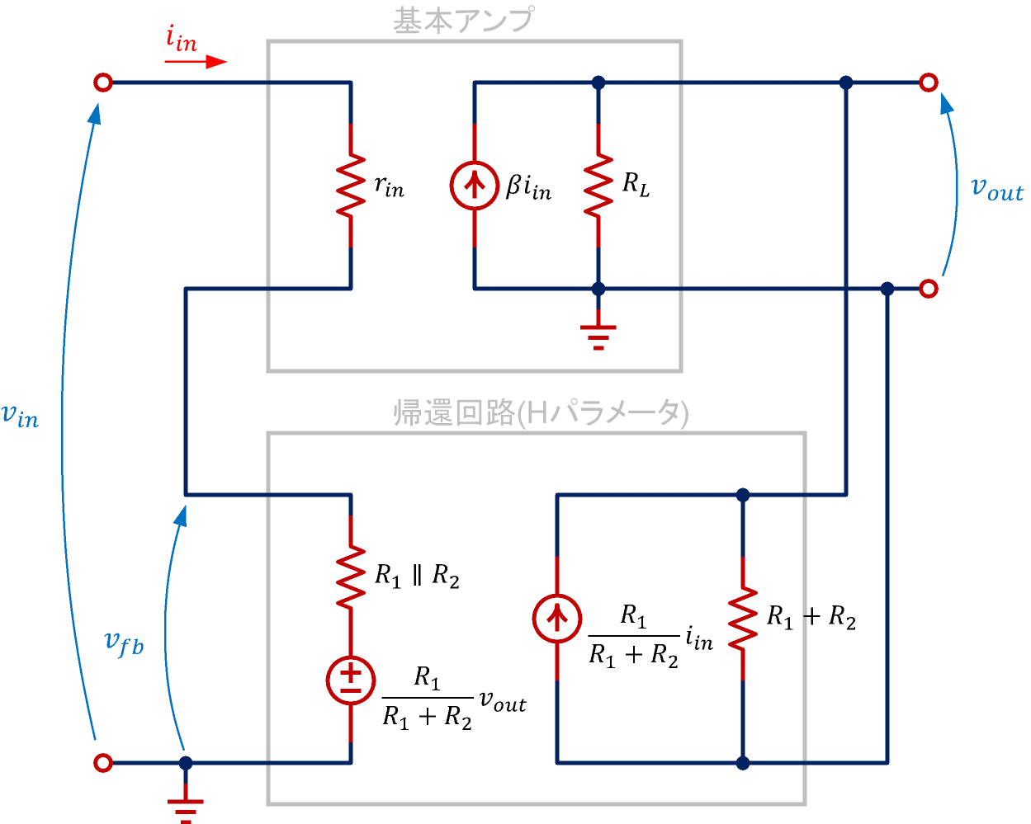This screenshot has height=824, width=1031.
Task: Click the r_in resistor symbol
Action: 351,185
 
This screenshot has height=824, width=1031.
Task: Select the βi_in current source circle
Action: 474,185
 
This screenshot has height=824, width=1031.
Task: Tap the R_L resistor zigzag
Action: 598,185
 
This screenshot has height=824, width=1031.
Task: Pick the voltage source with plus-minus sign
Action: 351,680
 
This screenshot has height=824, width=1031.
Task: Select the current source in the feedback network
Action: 557,619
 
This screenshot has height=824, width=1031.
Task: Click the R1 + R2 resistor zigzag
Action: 743,619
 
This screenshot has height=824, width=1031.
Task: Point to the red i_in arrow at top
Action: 195,61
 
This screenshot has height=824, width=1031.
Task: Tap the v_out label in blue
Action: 996,189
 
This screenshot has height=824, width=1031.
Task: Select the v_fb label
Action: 125,643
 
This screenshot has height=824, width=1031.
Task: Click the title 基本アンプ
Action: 463,21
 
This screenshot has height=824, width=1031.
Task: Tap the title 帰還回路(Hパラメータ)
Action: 541,412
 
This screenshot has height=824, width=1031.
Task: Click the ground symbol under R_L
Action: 598,337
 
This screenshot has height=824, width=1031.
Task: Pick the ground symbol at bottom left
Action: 186,808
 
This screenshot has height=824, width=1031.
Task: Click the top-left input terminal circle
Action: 103,82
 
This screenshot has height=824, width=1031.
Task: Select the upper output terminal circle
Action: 929,82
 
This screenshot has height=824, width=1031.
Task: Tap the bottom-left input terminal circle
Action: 103,763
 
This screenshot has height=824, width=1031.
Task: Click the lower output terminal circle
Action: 929,289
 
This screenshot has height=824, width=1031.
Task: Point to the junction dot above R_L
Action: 598,82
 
